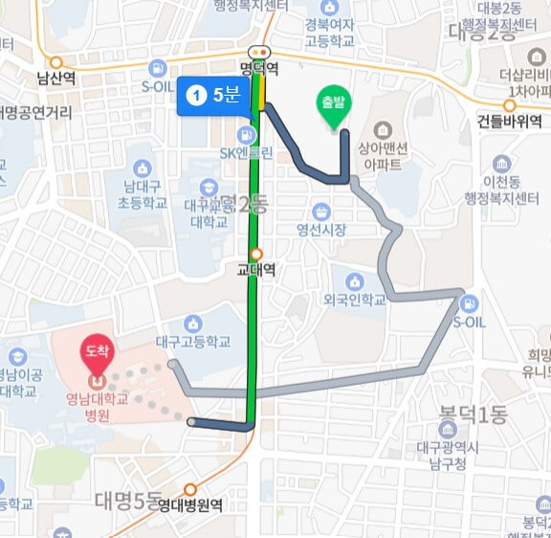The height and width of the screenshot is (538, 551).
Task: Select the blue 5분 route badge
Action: click(213, 95)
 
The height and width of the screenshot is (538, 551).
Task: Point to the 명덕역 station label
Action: click(258, 68)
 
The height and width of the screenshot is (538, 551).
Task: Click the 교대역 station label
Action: click(256, 270)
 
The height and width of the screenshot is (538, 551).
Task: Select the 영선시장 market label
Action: click(321, 230)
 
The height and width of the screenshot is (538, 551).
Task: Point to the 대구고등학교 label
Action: click(194, 341)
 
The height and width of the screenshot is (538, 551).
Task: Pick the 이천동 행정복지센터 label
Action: click(501, 191)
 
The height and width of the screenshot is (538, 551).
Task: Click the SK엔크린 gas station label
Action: click(247, 152)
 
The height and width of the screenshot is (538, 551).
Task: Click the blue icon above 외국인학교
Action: click(354, 281)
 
